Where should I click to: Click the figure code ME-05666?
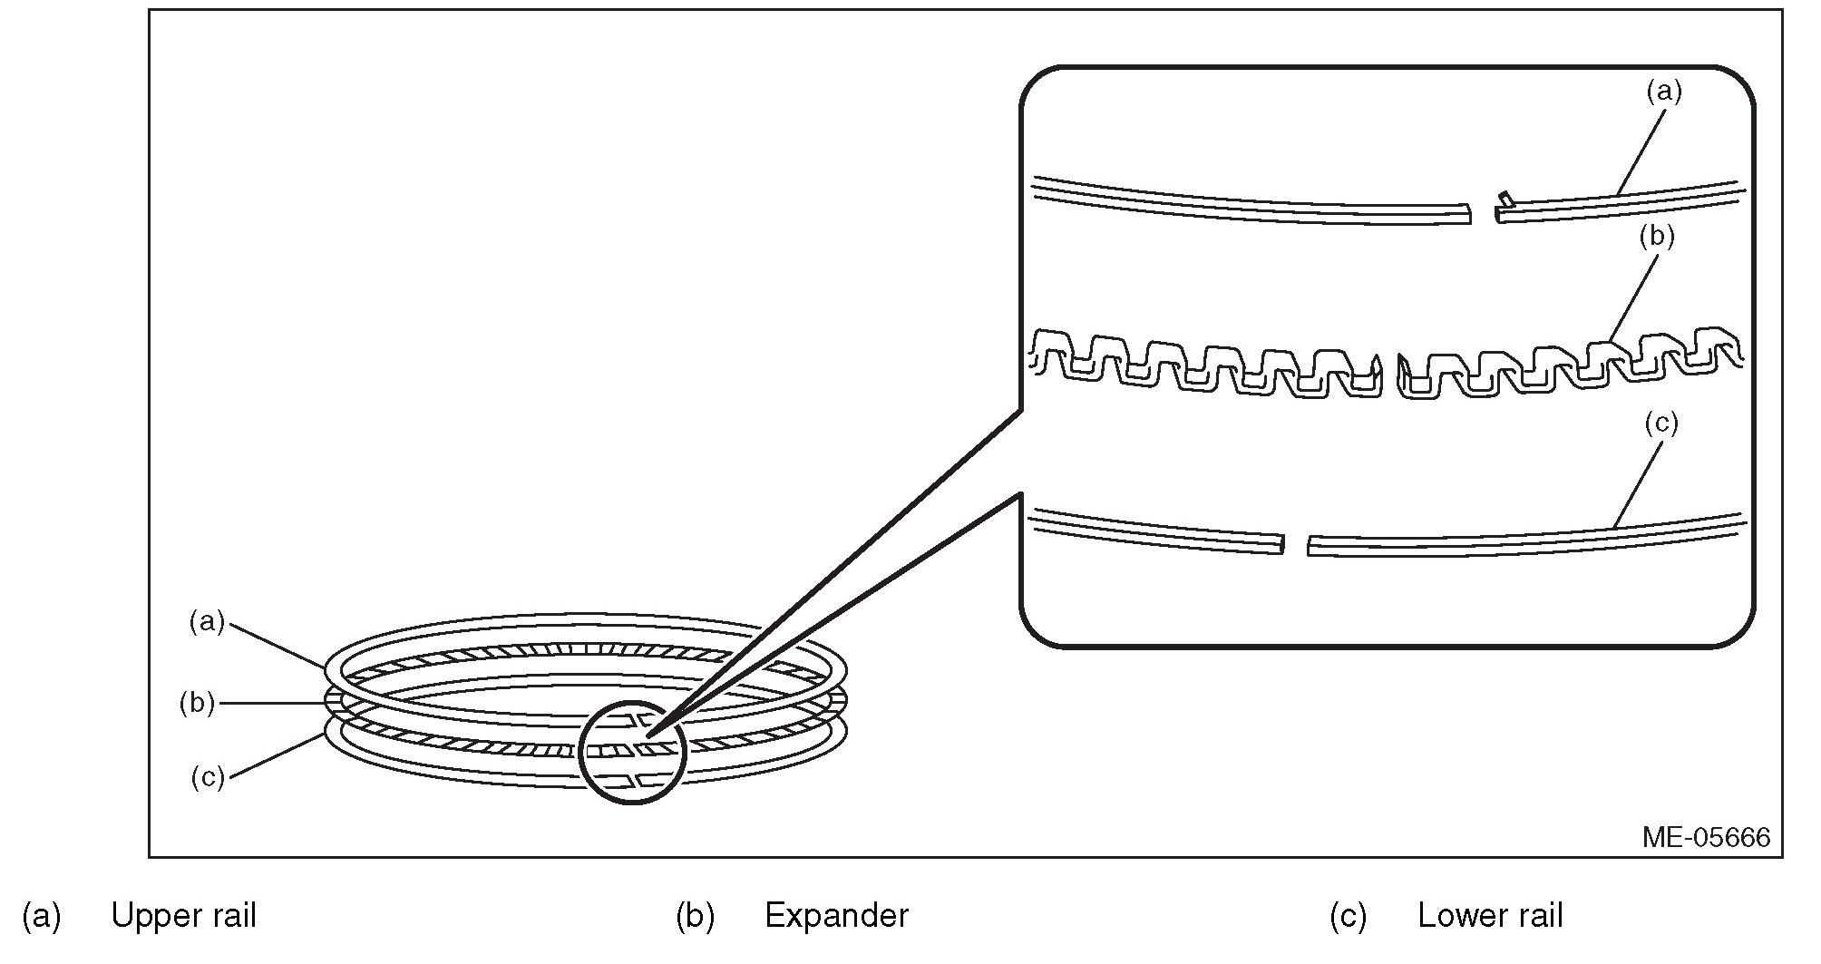pos(1705,836)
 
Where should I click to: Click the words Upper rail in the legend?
pos(183,916)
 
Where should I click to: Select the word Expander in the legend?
pos(836,916)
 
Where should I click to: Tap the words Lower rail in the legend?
pos(1490,916)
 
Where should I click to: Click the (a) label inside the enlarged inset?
pos(1663,92)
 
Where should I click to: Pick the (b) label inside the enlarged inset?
pos(1657,237)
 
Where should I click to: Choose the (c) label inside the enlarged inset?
pos(1660,424)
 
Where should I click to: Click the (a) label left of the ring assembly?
pos(207,621)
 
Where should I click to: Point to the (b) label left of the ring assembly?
pos(197,703)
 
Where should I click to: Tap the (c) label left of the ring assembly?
pos(208,777)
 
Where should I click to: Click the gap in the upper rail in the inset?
pos(1484,214)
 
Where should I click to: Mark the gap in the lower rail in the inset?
pos(1296,544)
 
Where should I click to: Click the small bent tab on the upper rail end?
pos(1505,198)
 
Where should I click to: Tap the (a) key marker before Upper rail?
pos(42,916)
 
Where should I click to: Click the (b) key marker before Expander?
pos(695,916)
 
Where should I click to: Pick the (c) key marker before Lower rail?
pos(1349,916)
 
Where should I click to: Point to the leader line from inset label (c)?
pos(1640,482)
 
